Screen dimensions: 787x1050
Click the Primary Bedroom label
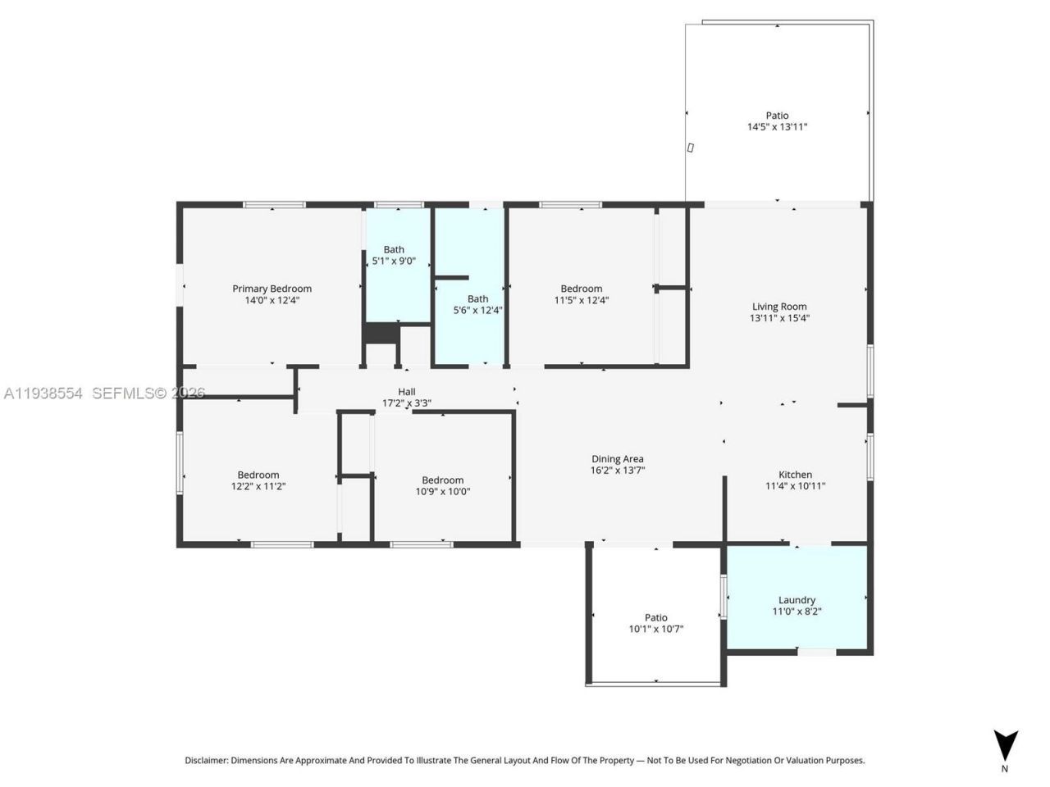pyautogui.click(x=272, y=289)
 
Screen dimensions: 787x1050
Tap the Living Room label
pyautogui.click(x=779, y=307)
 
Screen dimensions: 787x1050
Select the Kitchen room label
pyautogui.click(x=795, y=475)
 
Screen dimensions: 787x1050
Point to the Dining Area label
pyautogui.click(x=617, y=459)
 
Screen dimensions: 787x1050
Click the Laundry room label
pyautogui.click(x=797, y=600)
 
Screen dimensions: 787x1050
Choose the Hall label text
pyautogui.click(x=407, y=392)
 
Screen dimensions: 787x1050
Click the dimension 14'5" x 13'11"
pyautogui.click(x=777, y=127)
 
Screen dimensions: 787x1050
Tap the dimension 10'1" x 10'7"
pyautogui.click(x=655, y=630)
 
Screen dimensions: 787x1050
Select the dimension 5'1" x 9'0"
pyautogui.click(x=394, y=262)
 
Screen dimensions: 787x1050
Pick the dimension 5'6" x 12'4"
pyautogui.click(x=477, y=311)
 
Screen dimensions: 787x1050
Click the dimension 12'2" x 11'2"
pyautogui.click(x=258, y=486)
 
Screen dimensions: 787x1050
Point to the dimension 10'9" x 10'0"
pyautogui.click(x=442, y=492)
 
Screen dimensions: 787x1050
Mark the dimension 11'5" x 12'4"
pyautogui.click(x=581, y=300)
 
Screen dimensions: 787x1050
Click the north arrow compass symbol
pyautogui.click(x=1005, y=743)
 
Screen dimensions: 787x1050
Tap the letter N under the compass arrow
pyautogui.click(x=1005, y=769)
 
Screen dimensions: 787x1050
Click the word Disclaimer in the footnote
pyautogui.click(x=206, y=761)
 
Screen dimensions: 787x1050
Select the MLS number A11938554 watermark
pyautogui.click(x=43, y=393)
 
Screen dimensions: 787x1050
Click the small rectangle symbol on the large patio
pyautogui.click(x=691, y=148)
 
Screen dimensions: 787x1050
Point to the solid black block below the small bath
pyautogui.click(x=381, y=334)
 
